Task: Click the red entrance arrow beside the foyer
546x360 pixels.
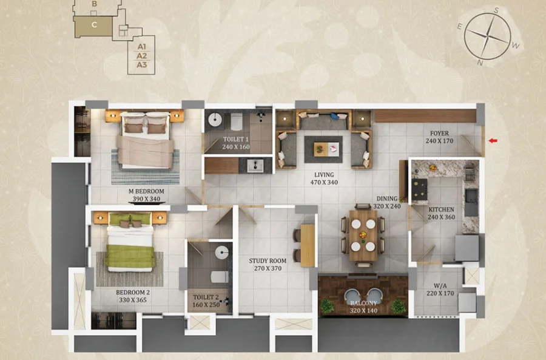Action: coord(493,141)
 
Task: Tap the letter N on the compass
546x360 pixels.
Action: coord(480,63)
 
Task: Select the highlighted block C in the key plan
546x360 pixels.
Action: coord(93,26)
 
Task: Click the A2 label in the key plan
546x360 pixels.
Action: coord(142,56)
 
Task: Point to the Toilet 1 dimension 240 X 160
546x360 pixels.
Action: coord(236,147)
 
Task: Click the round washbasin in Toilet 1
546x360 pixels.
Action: coord(215,120)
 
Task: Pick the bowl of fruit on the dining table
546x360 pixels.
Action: coord(363,234)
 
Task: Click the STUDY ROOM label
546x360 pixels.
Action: coord(268,260)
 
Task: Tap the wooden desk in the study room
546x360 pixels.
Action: coord(308,245)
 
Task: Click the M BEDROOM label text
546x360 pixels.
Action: coord(146,191)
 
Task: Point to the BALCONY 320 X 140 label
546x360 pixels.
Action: coord(363,307)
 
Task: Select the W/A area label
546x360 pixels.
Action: coord(440,286)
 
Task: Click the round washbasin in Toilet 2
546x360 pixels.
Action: coord(222,253)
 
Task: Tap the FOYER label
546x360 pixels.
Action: coord(439,133)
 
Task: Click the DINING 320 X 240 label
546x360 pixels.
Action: coord(387,202)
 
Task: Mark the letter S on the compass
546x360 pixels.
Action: coord(497,10)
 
